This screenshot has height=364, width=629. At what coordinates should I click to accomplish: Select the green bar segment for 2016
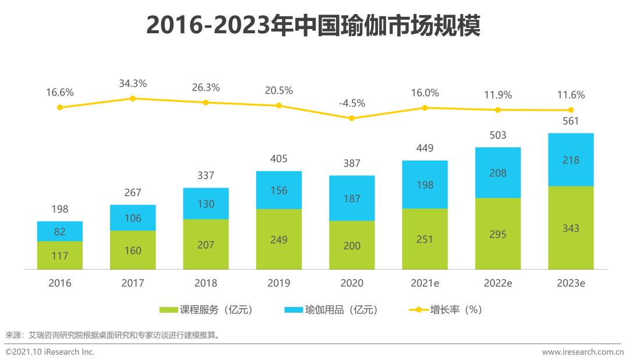(x=60, y=255)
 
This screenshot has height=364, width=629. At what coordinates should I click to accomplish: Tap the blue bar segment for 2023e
(x=571, y=160)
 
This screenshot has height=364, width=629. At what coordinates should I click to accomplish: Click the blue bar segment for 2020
(x=352, y=198)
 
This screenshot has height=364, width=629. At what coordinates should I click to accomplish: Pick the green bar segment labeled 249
(x=279, y=239)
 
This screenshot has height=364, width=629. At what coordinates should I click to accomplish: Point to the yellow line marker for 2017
(x=133, y=98)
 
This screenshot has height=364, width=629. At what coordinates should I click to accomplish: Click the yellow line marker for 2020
(x=352, y=118)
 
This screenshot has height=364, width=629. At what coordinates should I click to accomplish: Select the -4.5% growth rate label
(x=352, y=103)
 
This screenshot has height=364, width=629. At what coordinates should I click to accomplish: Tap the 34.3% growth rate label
(x=133, y=83)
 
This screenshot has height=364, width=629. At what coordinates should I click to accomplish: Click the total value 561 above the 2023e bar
(x=571, y=121)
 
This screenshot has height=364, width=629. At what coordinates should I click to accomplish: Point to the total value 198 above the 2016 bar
(x=60, y=209)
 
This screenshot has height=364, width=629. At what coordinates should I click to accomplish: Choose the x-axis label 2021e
(x=425, y=284)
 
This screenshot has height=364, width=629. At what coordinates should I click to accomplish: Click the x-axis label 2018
(x=206, y=284)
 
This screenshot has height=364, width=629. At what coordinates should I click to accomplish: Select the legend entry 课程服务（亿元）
(x=206, y=310)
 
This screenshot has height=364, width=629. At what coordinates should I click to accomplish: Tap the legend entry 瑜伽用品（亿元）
(x=331, y=310)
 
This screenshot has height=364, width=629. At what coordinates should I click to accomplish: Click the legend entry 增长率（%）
(x=446, y=310)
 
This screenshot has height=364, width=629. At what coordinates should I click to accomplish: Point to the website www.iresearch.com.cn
(x=582, y=352)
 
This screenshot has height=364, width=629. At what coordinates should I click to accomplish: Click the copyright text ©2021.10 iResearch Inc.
(x=50, y=352)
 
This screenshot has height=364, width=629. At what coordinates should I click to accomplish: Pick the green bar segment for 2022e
(x=498, y=234)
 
